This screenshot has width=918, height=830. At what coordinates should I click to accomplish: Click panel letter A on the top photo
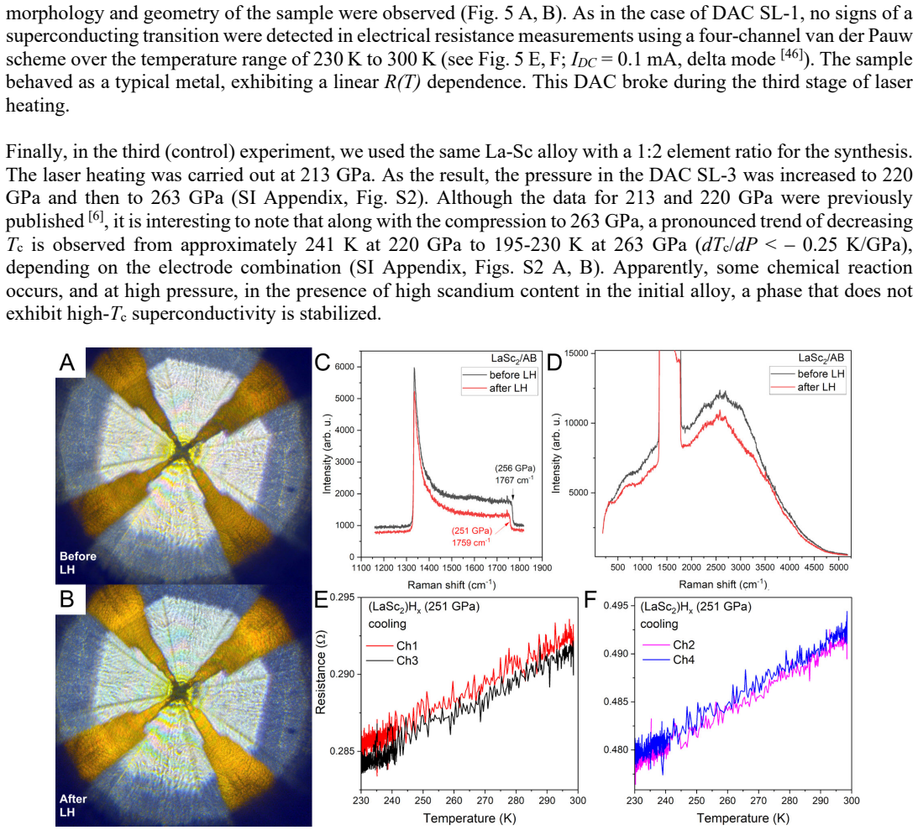67,362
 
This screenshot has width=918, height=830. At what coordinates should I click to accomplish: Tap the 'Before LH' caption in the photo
78,562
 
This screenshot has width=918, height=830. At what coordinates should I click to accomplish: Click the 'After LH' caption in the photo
72,806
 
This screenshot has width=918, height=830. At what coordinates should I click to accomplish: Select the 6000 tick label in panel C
345,368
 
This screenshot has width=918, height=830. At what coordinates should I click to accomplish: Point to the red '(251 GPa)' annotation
472,530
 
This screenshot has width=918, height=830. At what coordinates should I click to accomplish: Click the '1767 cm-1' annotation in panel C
515,480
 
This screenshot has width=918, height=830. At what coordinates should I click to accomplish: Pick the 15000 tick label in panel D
576,353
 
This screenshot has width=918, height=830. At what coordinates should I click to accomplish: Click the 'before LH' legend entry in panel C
500,375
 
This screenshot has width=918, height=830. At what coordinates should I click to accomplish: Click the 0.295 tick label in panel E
343,598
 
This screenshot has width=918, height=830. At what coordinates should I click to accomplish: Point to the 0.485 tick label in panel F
616,702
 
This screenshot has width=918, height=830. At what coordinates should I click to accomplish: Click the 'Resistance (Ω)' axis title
320,672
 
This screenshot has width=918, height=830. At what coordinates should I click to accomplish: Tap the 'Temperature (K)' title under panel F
743,818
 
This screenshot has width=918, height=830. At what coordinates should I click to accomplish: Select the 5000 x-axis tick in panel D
839,566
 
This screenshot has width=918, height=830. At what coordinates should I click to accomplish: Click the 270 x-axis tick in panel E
485,801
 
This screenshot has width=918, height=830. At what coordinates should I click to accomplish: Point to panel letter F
590,599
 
